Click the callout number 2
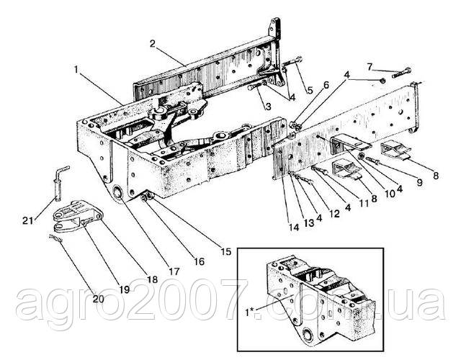152,44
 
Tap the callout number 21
28,220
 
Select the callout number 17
174,271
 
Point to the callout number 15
225,251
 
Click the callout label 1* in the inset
251,312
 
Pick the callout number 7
370,67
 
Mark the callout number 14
294,228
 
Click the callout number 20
98,299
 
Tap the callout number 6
325,86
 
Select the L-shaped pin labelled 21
60,183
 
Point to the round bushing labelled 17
119,194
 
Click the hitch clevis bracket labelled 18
78,217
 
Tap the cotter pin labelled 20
56,238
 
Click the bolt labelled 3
255,86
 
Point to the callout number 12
334,214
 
